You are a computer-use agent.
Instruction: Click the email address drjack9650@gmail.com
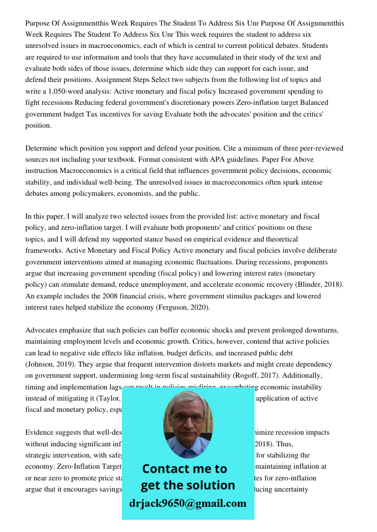(x=187, y=503)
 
